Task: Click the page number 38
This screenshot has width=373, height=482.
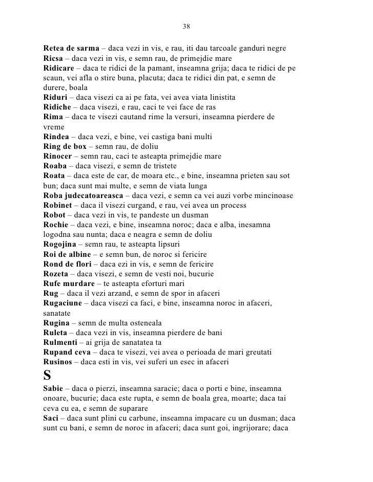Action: click(x=186, y=27)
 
